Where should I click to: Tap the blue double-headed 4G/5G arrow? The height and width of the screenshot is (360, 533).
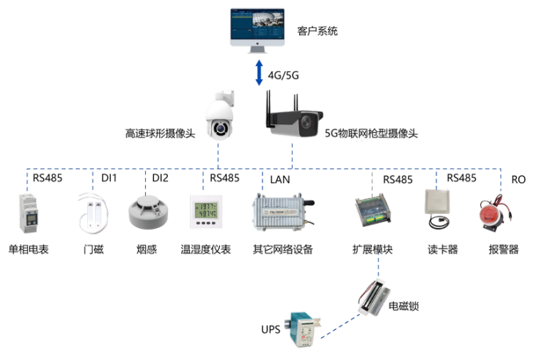pyautogui.click(x=258, y=74)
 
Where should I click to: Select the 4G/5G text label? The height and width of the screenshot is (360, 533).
pyautogui.click(x=284, y=76)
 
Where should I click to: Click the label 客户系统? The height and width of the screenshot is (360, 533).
pyautogui.click(x=317, y=32)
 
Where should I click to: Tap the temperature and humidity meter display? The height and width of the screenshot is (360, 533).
pyautogui.click(x=206, y=211)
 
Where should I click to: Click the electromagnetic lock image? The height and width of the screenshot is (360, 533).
pyautogui.click(x=371, y=297)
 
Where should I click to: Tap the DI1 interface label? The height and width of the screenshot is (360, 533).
pyautogui.click(x=109, y=178)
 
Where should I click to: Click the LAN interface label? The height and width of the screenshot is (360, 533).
pyautogui.click(x=280, y=179)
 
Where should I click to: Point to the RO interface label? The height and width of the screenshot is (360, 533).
pyautogui.click(x=518, y=178)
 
